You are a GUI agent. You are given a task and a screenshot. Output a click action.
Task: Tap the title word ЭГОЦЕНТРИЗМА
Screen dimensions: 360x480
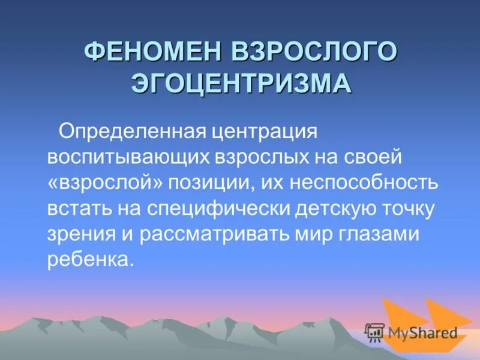pyautogui.click(x=241, y=83)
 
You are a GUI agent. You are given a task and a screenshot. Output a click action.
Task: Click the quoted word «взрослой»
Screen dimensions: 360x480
pyautogui.click(x=107, y=183)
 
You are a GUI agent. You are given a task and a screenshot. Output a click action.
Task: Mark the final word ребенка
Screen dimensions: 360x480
pyautogui.click(x=88, y=262)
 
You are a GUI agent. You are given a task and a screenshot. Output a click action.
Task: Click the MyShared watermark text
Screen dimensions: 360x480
pyautogui.click(x=423, y=332)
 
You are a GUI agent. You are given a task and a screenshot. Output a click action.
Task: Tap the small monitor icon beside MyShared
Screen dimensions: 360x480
pyautogui.click(x=375, y=332)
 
